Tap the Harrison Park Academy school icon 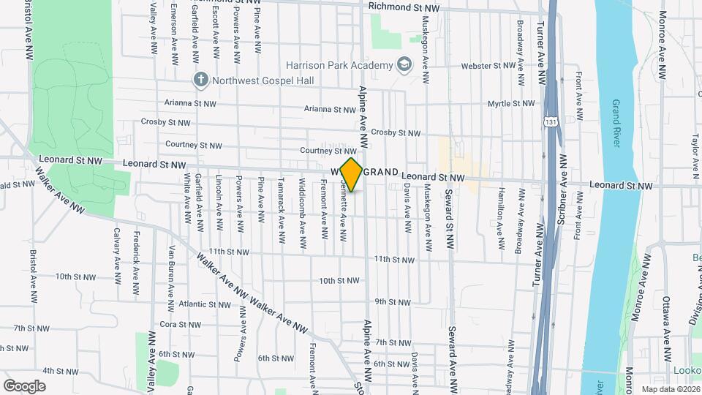403,65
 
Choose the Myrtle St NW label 513,104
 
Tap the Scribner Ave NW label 562,179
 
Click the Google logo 24,385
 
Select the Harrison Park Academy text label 339,65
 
